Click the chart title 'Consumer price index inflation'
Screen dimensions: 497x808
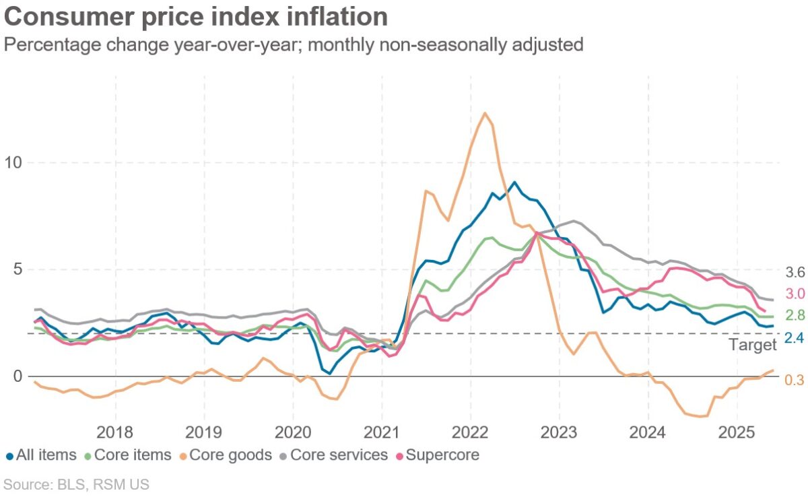pyautogui.click(x=195, y=17)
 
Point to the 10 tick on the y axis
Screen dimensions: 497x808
pyautogui.click(x=14, y=163)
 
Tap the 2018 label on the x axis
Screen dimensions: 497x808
pyautogui.click(x=115, y=432)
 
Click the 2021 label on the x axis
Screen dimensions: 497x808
pyautogui.click(x=382, y=432)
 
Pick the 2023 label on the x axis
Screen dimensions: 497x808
pyautogui.click(x=560, y=432)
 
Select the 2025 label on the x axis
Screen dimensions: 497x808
pyautogui.click(x=737, y=432)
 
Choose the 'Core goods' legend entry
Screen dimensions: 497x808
pyautogui.click(x=226, y=455)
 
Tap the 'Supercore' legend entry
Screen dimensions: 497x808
pyautogui.click(x=442, y=455)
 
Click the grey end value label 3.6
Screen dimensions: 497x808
pyautogui.click(x=795, y=273)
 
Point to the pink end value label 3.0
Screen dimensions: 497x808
pyautogui.click(x=795, y=294)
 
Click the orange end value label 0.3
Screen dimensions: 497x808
pyautogui.click(x=795, y=380)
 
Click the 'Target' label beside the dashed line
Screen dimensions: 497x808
pyautogui.click(x=753, y=345)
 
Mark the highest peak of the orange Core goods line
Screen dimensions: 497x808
pyautogui.click(x=484, y=112)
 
